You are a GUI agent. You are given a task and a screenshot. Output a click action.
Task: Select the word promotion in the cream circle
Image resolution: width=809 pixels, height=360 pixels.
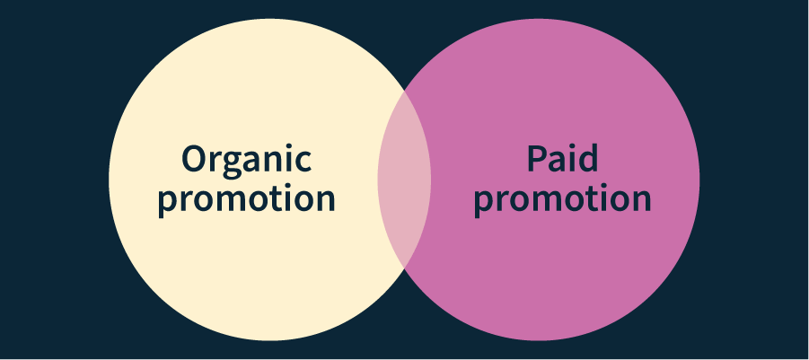247,198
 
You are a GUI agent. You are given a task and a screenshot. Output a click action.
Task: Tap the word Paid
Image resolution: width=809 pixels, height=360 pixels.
562,159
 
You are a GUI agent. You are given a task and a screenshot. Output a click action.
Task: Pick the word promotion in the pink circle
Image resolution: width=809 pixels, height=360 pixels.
562,198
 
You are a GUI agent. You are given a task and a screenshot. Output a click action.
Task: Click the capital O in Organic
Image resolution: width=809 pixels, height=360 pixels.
195,159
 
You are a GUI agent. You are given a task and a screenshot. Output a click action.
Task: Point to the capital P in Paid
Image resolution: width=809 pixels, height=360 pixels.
535,159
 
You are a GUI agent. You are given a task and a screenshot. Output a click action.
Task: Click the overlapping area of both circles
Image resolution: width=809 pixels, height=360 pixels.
404,180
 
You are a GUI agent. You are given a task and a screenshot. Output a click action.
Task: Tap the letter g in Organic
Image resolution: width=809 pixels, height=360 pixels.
236,164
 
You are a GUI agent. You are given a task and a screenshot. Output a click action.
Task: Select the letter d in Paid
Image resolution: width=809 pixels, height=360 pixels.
587,159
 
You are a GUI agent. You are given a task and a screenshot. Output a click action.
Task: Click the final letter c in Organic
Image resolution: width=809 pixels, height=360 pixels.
303,162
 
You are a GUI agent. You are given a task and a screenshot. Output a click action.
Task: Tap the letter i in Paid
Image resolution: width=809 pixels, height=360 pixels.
572,158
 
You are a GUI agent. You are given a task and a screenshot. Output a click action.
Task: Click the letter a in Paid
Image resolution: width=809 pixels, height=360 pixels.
555,162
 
